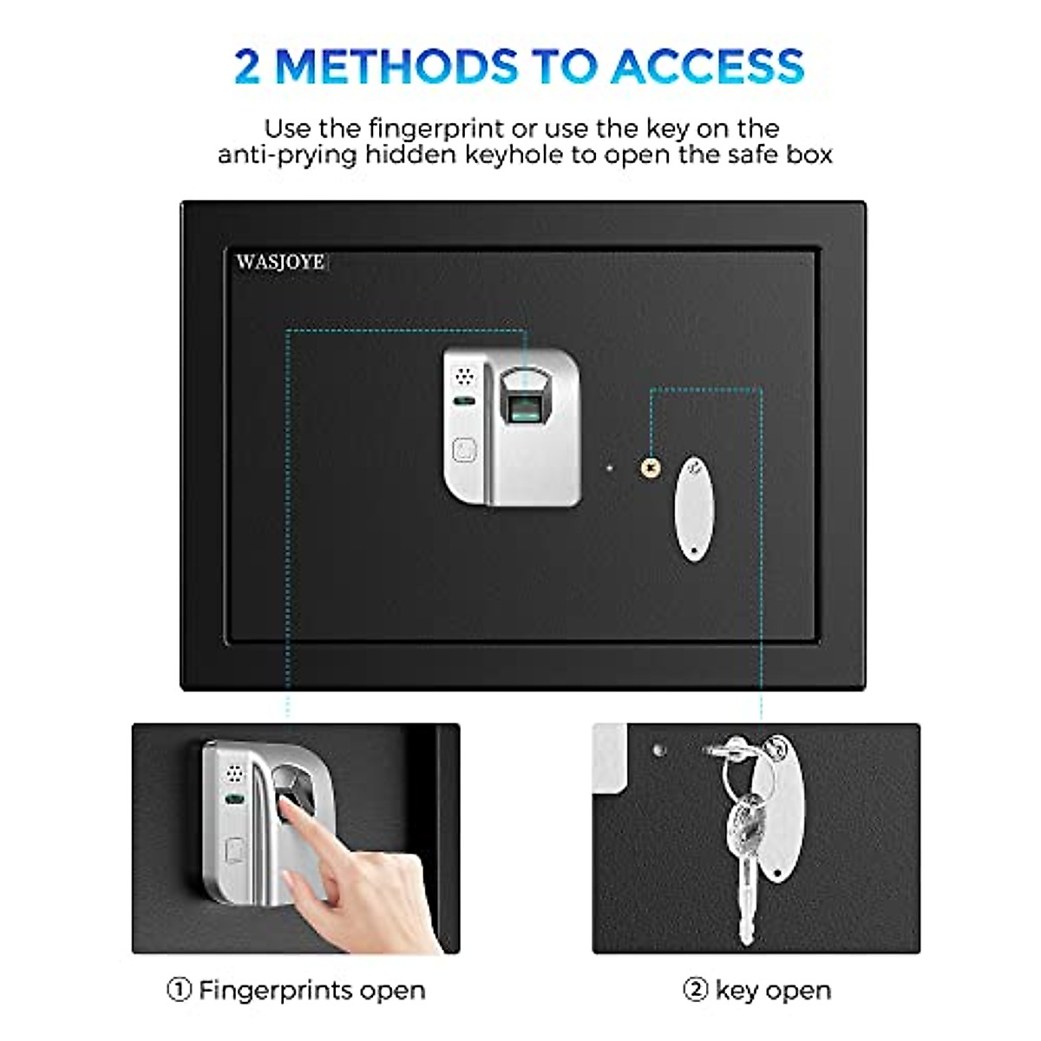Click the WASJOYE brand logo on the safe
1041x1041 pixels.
tap(280, 262)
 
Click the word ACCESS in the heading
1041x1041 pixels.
tap(707, 67)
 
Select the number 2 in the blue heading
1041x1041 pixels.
tap(247, 67)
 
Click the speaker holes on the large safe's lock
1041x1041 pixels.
tap(465, 376)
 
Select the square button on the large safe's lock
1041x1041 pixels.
tap(465, 450)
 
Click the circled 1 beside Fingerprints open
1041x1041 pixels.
tap(179, 990)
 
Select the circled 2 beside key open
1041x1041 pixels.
tap(696, 990)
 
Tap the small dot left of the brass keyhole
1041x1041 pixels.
tap(610, 468)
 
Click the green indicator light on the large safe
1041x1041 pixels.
tap(465, 402)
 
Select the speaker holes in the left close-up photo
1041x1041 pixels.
tap(234, 772)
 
